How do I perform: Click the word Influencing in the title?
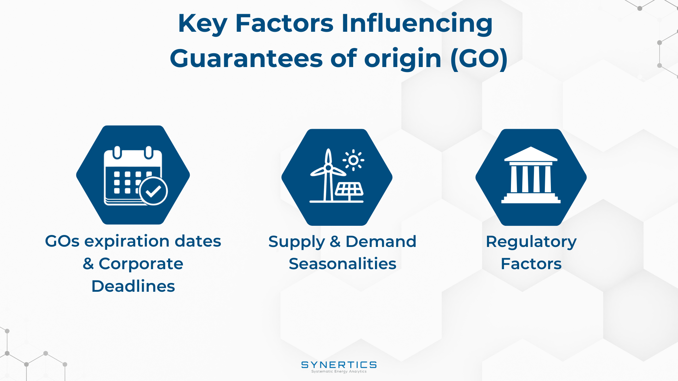point(417,24)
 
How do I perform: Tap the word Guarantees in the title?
point(246,58)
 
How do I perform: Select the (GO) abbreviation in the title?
point(479,59)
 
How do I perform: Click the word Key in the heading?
point(202,24)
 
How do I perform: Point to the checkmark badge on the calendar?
point(153,191)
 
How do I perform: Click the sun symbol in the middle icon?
point(353,160)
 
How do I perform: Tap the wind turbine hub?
point(328,168)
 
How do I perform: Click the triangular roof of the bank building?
point(531,154)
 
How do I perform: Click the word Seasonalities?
point(343,264)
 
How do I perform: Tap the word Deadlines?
point(133,286)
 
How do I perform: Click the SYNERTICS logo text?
point(339,365)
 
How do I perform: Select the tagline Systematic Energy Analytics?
point(339,371)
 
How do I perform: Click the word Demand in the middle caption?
point(381,242)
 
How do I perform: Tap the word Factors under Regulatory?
point(531,264)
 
